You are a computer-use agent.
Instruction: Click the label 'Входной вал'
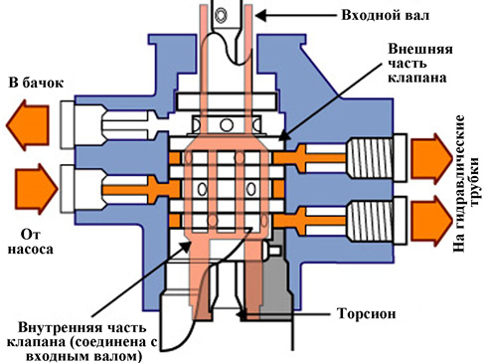coord(385,15)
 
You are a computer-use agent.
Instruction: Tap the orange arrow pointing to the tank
coord(28,125)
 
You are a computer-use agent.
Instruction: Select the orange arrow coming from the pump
coord(37,189)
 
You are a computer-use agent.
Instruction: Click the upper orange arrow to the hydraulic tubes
coord(432,159)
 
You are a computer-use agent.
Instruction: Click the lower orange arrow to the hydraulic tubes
coord(432,221)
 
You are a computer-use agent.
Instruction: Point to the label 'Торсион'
coord(366,313)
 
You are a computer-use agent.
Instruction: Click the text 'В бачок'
coord(36,83)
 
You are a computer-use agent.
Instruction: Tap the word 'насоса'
coord(30,250)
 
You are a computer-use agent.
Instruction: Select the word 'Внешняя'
coord(420,49)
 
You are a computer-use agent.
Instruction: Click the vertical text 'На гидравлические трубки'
coord(466,184)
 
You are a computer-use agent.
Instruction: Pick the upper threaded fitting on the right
coord(376,158)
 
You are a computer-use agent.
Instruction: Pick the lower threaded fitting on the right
coord(376,220)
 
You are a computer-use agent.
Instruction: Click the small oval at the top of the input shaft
coord(221,15)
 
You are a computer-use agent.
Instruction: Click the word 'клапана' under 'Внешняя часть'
coord(417,78)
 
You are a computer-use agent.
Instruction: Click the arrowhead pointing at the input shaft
coord(260,15)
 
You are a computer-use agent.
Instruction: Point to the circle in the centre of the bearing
coord(227,125)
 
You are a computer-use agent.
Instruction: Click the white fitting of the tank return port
coord(68,124)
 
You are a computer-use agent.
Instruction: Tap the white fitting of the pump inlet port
coord(68,189)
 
